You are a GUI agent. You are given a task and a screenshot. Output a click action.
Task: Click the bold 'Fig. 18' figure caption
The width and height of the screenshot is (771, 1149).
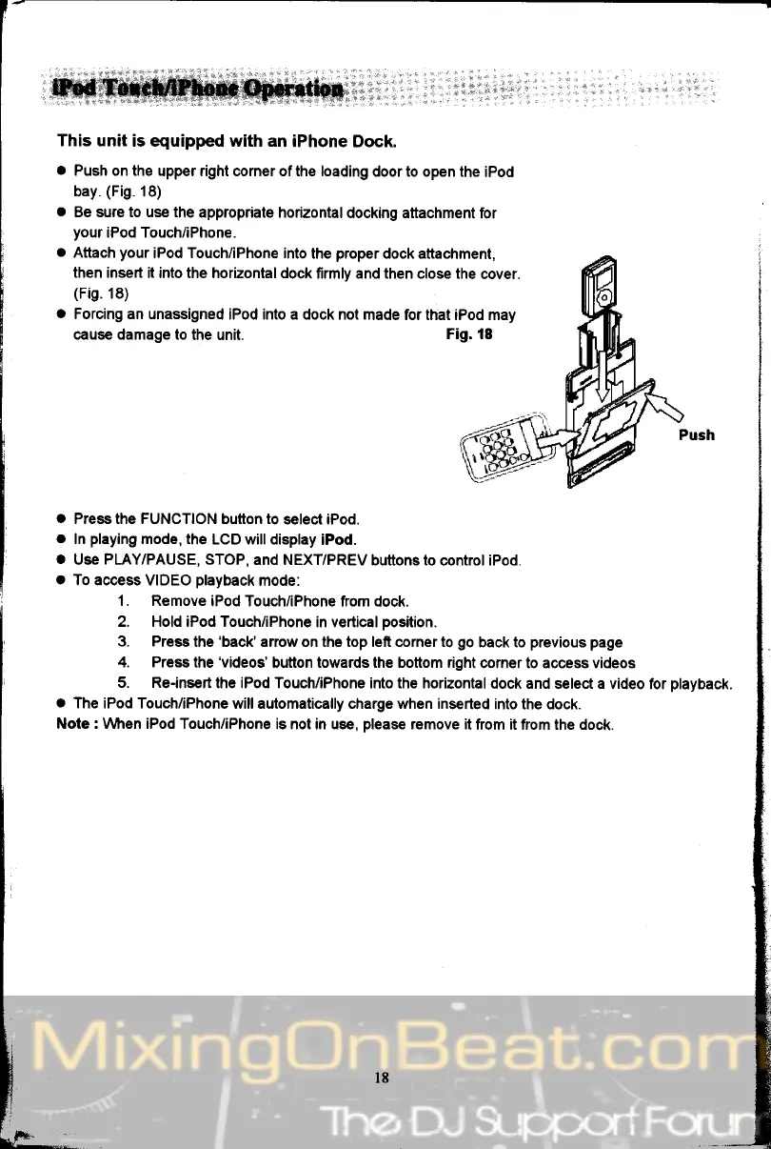(468, 334)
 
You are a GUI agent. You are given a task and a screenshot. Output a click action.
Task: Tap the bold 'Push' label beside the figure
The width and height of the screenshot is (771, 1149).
(697, 434)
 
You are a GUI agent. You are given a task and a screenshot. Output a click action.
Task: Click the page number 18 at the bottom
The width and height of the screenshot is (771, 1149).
(383, 1078)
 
